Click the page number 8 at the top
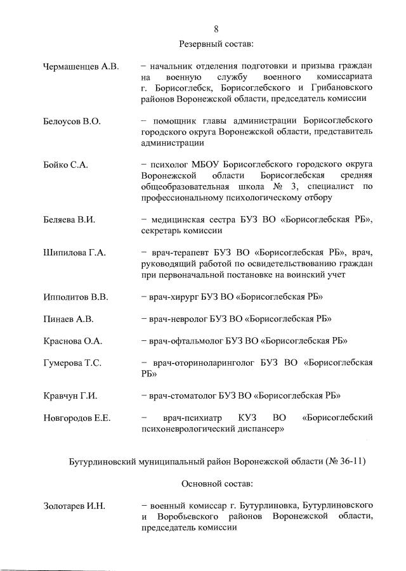(216, 29)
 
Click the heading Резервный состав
(216, 44)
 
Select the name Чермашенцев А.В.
(81, 67)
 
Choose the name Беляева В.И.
(69, 220)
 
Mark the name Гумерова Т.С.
(72, 363)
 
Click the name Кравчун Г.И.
(70, 396)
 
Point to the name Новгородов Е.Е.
(77, 418)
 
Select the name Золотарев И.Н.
(74, 506)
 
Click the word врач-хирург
(174, 297)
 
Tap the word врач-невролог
(179, 319)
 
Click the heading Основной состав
(216, 484)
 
